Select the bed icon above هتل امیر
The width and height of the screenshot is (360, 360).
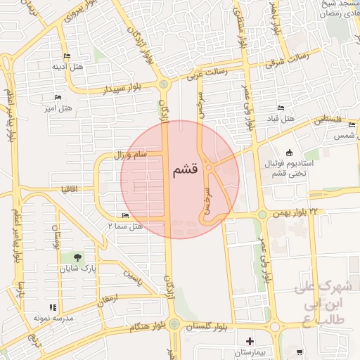(x=58, y=97)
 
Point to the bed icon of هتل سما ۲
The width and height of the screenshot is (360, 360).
(x=125, y=215)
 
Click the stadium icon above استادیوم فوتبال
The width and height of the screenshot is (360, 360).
(x=289, y=153)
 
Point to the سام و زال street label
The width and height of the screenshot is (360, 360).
(x=130, y=153)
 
